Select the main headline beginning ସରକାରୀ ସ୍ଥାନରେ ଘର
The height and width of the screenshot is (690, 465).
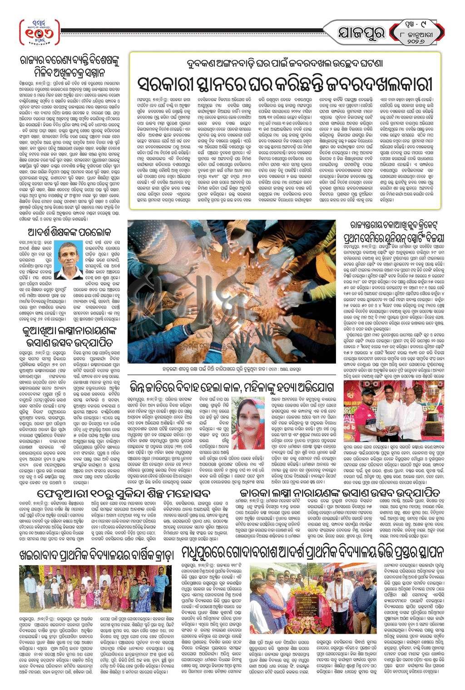coord(285,84)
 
